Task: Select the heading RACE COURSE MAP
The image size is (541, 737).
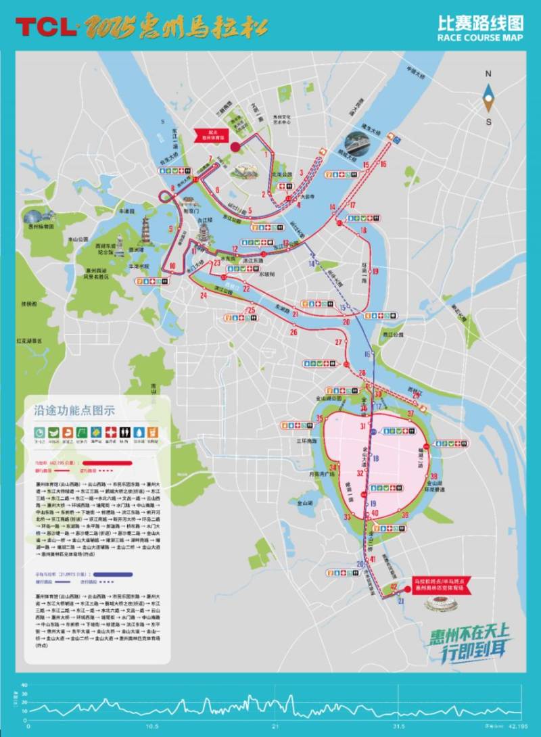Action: [x=480, y=39]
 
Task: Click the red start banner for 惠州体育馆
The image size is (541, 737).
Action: [x=215, y=133]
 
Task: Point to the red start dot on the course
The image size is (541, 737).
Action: [x=235, y=146]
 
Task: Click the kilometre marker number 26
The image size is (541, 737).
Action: [x=293, y=332]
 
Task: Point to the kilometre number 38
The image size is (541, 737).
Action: [x=433, y=476]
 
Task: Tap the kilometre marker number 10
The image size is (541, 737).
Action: [x=172, y=266]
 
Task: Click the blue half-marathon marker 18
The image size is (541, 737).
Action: [x=376, y=458]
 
